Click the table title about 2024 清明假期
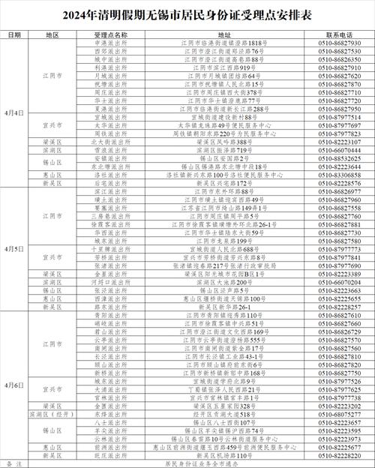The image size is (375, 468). pyautogui.click(x=187, y=15)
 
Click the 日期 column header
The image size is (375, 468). pyautogui.click(x=14, y=34)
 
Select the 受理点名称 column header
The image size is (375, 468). pyautogui.click(x=112, y=34)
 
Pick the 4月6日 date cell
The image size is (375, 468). pyautogui.click(x=14, y=383)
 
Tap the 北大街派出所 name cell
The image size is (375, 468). pyautogui.click(x=112, y=142)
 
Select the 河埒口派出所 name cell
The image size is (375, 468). pyautogui.click(x=112, y=280)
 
